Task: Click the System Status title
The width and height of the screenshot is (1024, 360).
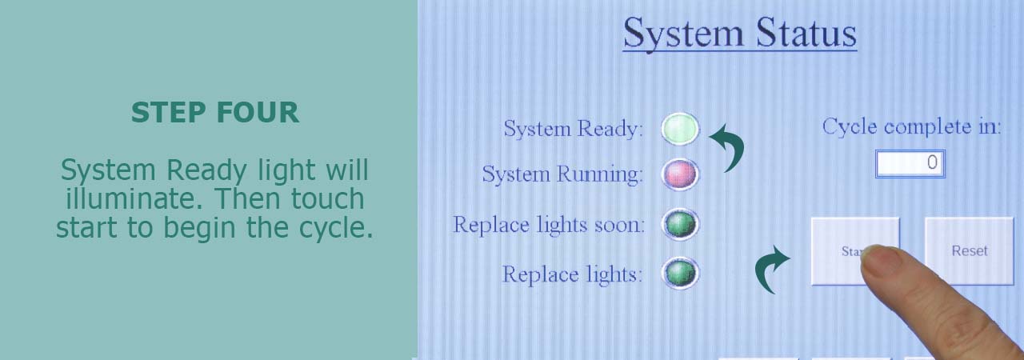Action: coord(740,33)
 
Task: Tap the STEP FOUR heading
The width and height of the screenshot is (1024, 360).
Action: coord(215,112)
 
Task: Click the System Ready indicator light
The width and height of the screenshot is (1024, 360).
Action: coord(680,129)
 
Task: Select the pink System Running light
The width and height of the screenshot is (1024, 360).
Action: coord(680,174)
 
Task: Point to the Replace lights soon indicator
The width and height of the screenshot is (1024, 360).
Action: coord(680,224)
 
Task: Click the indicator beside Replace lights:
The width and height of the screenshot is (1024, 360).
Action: coord(680,274)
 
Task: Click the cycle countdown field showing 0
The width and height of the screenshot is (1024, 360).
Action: coord(910,163)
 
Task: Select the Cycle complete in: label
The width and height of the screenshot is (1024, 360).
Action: coord(911,126)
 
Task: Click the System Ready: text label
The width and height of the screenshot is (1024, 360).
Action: coord(574,129)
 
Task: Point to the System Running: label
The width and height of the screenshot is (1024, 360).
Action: coord(562,174)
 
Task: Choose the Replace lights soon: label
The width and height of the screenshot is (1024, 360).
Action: coord(549,224)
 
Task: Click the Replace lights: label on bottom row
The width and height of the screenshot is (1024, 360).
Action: coord(572,274)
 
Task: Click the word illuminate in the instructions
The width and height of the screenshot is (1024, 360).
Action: coord(134,198)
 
